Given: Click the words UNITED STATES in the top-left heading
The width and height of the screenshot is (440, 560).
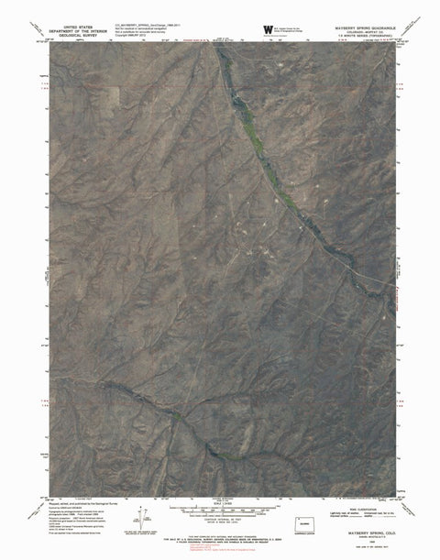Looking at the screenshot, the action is (x=78, y=27).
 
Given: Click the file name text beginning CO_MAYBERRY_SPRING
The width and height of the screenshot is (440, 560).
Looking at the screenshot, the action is (x=147, y=27).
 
